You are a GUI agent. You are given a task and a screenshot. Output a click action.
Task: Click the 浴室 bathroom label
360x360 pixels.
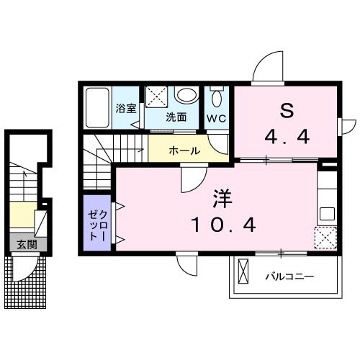127,109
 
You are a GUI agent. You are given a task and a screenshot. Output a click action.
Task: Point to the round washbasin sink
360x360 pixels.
187,96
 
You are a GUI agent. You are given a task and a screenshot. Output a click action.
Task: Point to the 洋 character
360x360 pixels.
221,197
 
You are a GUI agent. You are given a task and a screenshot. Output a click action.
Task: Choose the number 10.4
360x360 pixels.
223,225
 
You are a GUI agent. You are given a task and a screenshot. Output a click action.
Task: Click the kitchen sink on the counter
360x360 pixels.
327,213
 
